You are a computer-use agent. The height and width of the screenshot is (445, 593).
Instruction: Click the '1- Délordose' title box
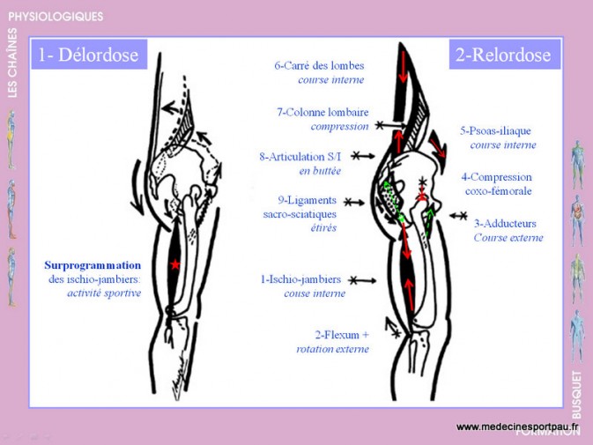[89, 54]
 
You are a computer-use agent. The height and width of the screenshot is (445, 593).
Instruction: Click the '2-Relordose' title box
[504, 54]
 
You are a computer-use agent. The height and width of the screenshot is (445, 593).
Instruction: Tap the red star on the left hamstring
[174, 264]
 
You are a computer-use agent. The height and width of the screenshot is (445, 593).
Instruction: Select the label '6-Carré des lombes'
[319, 65]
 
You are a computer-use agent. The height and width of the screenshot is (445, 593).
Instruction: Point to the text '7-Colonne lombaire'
[322, 112]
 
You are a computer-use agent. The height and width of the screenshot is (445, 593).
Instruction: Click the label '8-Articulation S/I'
[300, 157]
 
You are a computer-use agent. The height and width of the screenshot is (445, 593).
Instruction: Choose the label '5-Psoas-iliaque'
[495, 130]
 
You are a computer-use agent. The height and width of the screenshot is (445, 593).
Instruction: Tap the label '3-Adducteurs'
[505, 224]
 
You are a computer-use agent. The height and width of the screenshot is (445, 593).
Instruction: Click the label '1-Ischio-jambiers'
[300, 279]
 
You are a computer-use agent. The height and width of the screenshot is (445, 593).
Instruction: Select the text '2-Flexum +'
[342, 335]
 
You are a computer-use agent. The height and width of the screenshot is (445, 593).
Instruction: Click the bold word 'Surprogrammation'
[93, 265]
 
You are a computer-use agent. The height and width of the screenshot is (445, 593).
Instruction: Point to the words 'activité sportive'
[104, 293]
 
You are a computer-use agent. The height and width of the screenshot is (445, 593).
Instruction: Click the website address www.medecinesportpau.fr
[518, 426]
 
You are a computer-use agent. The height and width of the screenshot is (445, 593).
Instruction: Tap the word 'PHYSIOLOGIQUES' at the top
[56, 17]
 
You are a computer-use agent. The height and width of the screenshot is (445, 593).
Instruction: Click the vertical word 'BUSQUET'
[576, 395]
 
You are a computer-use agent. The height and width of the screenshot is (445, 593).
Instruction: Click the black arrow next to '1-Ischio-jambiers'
[363, 280]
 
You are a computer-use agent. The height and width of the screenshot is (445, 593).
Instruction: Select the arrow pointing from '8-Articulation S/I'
[363, 156]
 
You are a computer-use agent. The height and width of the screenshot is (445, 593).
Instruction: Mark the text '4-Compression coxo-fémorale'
[497, 184]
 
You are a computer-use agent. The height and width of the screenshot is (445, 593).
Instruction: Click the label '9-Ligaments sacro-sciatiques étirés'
[300, 214]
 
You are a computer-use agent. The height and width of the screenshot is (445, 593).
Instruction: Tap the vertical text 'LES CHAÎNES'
[12, 63]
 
